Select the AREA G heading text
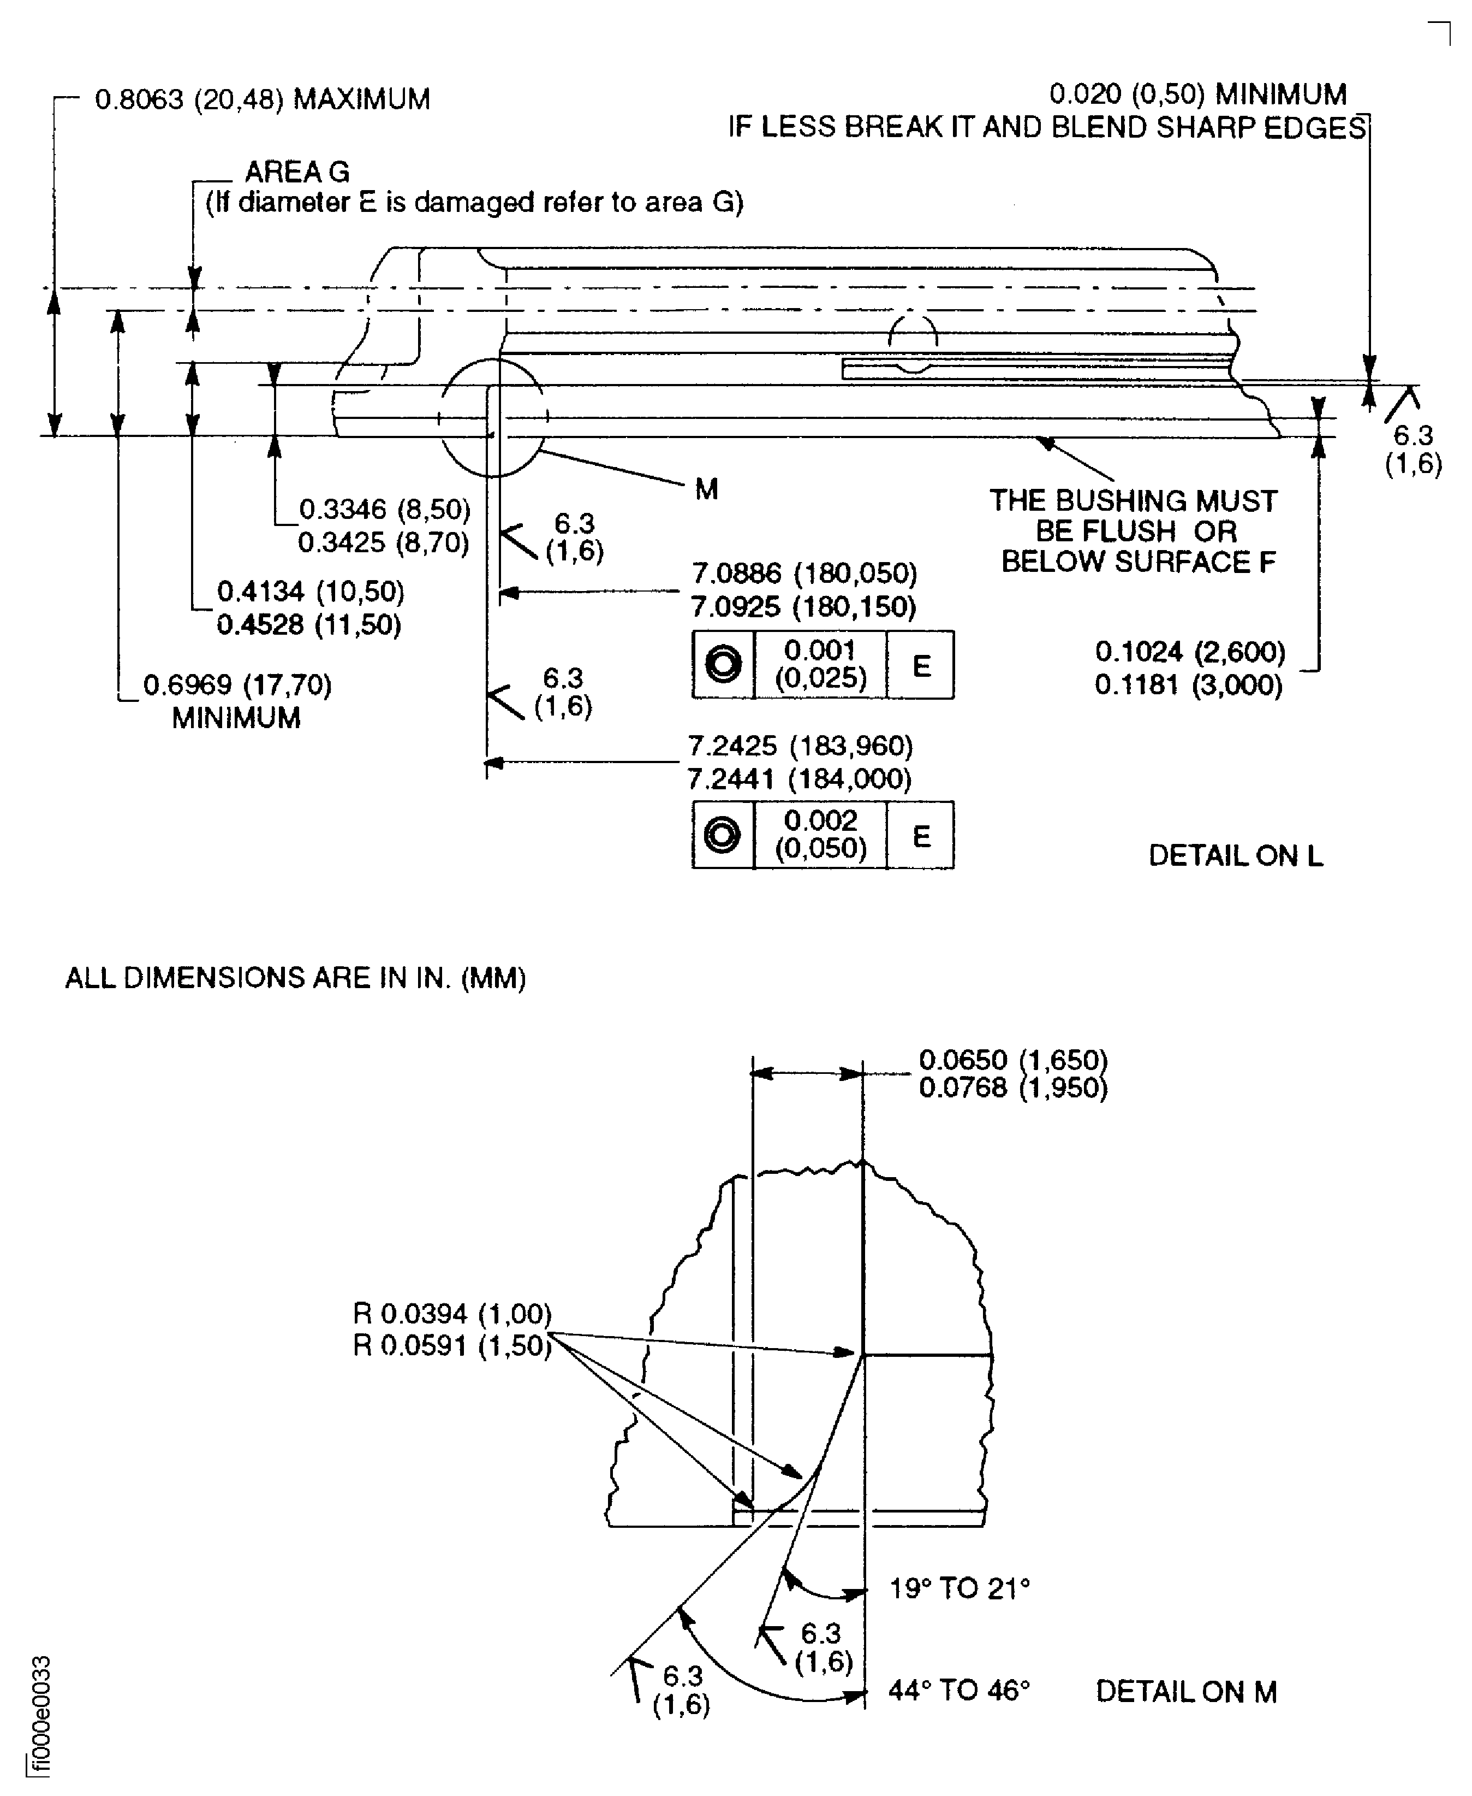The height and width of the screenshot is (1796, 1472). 297,172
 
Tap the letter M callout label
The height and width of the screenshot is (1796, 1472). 706,489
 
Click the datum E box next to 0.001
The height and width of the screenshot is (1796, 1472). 921,666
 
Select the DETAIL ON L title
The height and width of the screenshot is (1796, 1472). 1236,856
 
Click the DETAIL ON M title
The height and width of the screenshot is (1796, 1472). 1186,1692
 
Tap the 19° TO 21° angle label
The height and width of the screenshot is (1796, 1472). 959,1588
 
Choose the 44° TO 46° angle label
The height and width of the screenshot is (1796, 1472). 959,1691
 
